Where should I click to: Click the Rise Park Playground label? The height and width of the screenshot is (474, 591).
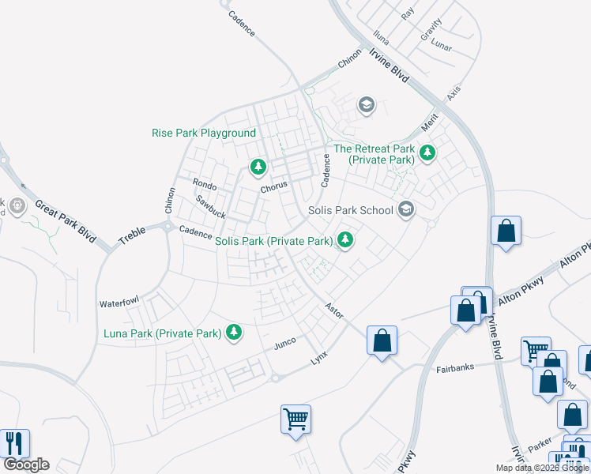point(204,134)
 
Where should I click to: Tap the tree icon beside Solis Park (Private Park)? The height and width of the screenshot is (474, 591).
point(345,239)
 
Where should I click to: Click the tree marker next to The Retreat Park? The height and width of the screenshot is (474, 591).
point(427,152)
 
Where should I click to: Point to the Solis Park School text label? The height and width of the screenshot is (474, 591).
point(350,210)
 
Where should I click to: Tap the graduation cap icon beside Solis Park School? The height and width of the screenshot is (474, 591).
point(406,209)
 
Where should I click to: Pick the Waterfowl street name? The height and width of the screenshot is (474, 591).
point(119,303)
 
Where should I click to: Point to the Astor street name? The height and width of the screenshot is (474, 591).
point(334,310)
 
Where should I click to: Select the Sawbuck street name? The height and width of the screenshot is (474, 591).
point(211,208)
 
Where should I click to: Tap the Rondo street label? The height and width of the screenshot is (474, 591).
point(205,184)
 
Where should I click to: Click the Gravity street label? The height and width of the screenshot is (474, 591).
point(431,31)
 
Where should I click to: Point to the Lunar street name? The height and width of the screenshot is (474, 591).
point(442,47)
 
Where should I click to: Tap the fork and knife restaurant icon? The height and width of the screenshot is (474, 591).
point(15,443)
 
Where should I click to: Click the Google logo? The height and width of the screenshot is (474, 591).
point(26,465)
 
